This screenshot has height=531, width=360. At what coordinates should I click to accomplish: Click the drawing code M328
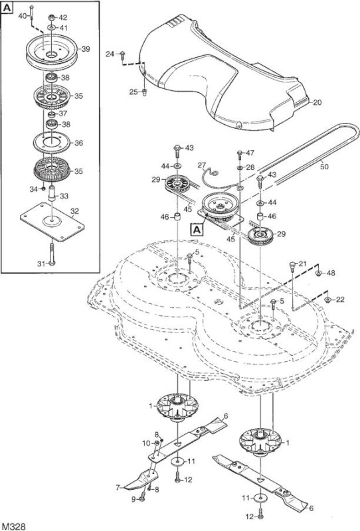[x=13, y=526]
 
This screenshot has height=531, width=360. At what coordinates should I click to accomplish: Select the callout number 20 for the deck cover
[x=317, y=102]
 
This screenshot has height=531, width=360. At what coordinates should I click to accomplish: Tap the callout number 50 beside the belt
[x=324, y=167]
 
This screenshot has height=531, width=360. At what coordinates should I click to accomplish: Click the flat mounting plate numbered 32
[x=52, y=222]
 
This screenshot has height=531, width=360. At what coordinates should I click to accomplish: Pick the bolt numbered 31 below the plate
[x=52, y=254]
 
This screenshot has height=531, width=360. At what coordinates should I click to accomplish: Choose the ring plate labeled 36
[x=52, y=143]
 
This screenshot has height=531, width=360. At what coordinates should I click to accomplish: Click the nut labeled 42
[x=52, y=17]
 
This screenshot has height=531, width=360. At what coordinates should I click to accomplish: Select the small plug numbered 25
[x=143, y=92]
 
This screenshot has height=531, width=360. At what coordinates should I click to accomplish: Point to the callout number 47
[x=250, y=153]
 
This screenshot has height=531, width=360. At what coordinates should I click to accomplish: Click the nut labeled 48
[x=319, y=273]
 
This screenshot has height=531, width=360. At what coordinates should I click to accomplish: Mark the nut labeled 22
[x=328, y=300]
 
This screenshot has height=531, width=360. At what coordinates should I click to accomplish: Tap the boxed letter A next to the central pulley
[x=197, y=230]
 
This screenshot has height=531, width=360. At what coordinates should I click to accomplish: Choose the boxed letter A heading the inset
[x=7, y=9]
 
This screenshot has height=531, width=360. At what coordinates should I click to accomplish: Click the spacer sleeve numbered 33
[x=52, y=193]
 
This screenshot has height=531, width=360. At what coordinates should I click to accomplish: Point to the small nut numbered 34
[x=43, y=188]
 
